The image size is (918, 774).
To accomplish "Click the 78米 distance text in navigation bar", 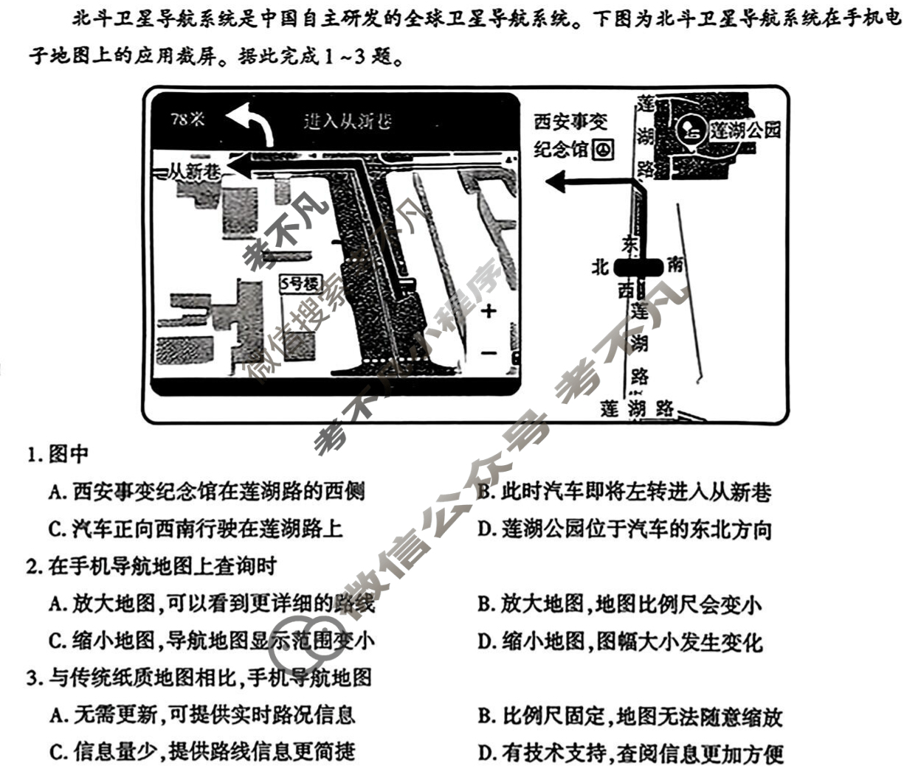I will click(187, 119).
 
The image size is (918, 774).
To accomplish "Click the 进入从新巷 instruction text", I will click(348, 121).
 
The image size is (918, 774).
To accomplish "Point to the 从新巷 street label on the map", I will click(193, 172).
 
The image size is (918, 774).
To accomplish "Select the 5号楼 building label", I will click(300, 283).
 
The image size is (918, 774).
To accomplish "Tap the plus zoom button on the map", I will click(489, 311).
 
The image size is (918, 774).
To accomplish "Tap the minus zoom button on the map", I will click(489, 353).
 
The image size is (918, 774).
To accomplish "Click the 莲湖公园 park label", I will click(745, 130).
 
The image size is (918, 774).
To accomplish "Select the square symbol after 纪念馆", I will click(603, 150).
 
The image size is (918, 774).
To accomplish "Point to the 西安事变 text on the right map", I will click(570, 122).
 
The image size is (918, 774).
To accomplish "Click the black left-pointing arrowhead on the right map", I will click(557, 181).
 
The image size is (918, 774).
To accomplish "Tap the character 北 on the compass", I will click(600, 266).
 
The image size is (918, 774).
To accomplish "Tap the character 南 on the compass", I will click(674, 264).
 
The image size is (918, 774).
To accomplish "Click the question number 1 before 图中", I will click(32, 455).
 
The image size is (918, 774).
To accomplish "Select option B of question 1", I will click(623, 491).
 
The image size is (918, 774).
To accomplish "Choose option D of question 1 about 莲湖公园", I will click(624, 529).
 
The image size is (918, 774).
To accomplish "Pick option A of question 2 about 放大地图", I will click(211, 604).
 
